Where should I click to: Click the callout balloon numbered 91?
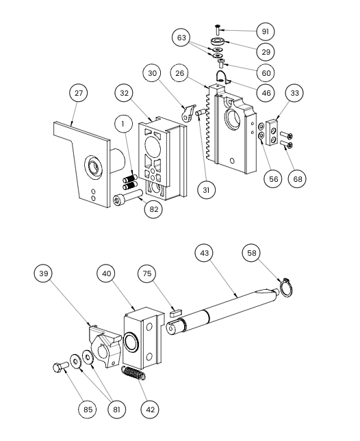coord(266,31)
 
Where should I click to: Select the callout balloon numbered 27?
coord(79,93)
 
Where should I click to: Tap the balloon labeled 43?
coord(204,253)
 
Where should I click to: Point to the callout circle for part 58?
coord(251,253)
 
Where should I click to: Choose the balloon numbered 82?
coord(154,209)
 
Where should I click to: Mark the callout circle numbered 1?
coord(123,124)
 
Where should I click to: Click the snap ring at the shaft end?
coord(287,287)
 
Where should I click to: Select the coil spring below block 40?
coord(133,373)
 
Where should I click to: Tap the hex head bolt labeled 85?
coord(61,366)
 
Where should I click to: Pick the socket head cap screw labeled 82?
coord(128,197)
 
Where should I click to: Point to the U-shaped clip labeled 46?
coord(223,77)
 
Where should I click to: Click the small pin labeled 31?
coord(201,113)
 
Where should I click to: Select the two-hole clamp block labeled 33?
coord(272,132)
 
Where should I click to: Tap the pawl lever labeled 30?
coord(188,113)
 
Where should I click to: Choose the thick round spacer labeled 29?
coord(217,41)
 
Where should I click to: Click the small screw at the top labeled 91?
coord(218,29)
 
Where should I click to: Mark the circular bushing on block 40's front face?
coord(131,342)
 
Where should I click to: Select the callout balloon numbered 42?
coord(150,410)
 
